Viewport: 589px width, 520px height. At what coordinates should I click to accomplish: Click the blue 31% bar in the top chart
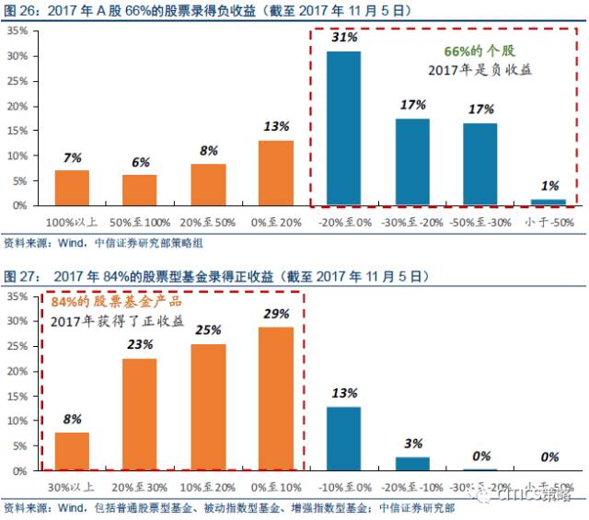344,128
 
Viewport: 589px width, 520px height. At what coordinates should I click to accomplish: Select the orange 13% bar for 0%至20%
276,172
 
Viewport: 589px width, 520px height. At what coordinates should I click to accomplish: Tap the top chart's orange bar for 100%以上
73,187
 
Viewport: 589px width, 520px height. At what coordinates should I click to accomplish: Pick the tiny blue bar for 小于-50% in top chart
548,202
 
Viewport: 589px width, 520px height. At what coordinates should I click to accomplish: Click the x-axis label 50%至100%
140,222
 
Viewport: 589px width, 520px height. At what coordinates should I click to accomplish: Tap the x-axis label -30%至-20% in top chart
412,222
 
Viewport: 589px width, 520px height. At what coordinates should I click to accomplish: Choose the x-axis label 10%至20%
208,486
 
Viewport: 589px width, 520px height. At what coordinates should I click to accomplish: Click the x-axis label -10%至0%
344,486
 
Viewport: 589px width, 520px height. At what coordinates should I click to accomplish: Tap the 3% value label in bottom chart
413,445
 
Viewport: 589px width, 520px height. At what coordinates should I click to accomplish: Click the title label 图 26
20,10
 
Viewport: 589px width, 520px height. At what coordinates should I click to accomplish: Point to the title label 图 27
20,276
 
